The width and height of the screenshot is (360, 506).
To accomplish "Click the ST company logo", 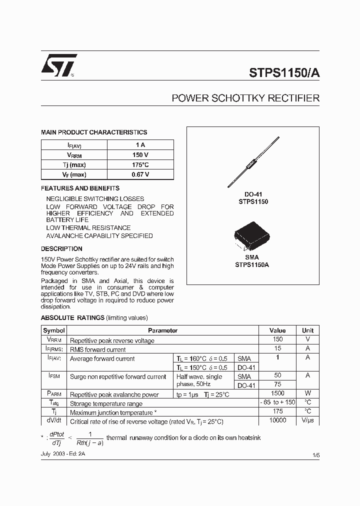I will tap(58, 65).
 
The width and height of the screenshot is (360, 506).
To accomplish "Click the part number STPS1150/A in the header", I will tap(284, 71).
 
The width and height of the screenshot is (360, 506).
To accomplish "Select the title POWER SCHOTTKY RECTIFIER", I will tap(245, 98).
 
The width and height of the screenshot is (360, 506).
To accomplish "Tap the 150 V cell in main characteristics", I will tap(140, 154).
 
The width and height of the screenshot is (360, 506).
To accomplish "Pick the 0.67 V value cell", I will tap(140, 174).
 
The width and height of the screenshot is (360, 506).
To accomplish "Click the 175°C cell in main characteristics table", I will tap(140, 164).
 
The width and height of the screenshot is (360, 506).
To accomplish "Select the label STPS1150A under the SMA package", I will tap(252, 265).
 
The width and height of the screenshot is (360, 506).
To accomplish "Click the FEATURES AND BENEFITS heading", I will tap(80, 188).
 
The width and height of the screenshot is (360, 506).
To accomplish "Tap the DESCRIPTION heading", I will tap(61, 248).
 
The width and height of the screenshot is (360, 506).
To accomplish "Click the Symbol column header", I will tap(54, 330).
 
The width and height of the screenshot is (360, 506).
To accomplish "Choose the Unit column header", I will tap(307, 330).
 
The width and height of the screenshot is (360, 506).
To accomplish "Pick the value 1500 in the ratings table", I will tap(277, 394).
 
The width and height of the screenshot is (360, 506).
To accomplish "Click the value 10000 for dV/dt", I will tap(277, 420).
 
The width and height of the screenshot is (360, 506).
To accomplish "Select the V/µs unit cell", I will tap(307, 420).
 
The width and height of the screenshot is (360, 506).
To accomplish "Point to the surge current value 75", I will tap(277, 384).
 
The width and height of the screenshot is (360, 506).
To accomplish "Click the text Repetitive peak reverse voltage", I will tap(112, 340).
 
